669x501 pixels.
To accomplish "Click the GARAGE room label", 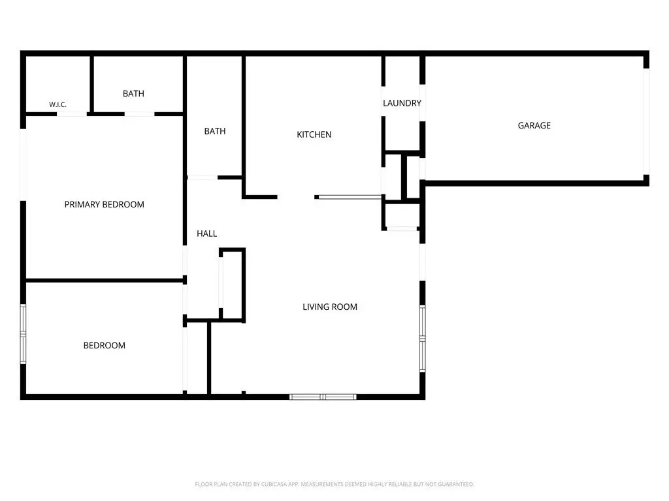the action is pos(534,125).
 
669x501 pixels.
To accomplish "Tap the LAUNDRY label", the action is pos(402,103).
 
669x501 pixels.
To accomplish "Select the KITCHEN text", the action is pos(314,134).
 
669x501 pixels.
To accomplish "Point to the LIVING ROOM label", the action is pos(330,307).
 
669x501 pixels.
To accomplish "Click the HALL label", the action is pos(207,234).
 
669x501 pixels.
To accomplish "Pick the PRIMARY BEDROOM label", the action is pos(104,204).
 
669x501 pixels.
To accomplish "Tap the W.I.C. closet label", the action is pos(57,104).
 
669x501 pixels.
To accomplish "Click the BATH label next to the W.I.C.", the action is pos(133,94).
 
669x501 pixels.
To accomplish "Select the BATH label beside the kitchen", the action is pos(215,131).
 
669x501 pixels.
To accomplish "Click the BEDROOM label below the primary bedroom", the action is pos(104,346).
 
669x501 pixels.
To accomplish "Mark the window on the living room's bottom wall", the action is pos(323,397).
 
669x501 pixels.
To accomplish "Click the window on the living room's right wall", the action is pos(423,339).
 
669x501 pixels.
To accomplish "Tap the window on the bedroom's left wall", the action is pos(23,334).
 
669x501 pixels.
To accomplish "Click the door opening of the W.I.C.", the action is pos(72,114).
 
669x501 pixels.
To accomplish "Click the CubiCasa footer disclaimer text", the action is pos(334,485).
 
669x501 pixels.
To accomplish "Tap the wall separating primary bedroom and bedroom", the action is pos(105,281).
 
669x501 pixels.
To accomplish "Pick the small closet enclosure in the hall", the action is pos(233,284).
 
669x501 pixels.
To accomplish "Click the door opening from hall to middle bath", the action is pos(203,177).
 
